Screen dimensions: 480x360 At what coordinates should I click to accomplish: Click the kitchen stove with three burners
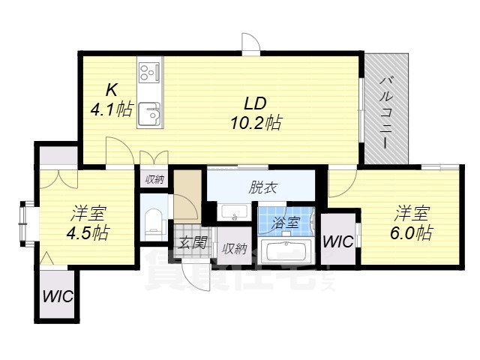tap(149, 73)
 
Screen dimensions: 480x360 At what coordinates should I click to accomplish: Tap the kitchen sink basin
tap(149, 114)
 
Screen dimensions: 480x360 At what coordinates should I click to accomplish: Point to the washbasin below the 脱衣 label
tap(234, 211)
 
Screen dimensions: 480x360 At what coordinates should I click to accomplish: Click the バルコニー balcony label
tap(386, 112)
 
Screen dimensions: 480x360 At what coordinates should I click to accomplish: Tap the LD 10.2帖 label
tap(256, 113)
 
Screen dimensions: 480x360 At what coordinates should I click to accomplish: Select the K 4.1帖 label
tap(112, 100)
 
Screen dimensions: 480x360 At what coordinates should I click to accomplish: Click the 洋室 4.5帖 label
tap(88, 223)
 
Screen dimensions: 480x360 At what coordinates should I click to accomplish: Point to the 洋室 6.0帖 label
tap(412, 223)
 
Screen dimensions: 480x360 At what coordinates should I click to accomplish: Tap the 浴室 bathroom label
tap(285, 223)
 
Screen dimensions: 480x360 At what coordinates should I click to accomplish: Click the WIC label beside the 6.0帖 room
tap(338, 241)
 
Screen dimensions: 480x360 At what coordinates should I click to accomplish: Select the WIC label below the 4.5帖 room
tap(58, 296)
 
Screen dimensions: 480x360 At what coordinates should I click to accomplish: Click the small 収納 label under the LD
tap(154, 179)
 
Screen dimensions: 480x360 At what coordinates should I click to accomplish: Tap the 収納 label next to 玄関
tap(234, 249)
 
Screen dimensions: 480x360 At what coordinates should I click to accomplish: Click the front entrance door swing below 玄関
tap(196, 277)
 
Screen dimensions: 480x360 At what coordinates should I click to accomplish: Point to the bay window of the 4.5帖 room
tap(27, 223)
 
